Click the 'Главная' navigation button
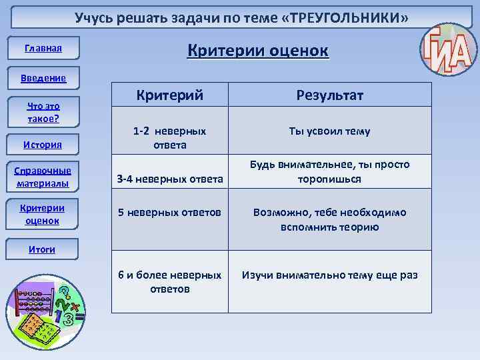pos(43,48)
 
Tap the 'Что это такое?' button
pos(43,112)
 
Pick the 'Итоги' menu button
pos(42,249)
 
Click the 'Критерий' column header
pos(169,95)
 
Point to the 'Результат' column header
pos(329,95)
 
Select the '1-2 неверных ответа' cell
pos(169,138)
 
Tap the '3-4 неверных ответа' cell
pos(169,179)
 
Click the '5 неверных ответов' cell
pos(169,213)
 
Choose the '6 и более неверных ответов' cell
pos(169,281)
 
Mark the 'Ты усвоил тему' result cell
pos(329,131)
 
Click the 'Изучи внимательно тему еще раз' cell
pos(329,275)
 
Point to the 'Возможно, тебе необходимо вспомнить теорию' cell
pos(329,219)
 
